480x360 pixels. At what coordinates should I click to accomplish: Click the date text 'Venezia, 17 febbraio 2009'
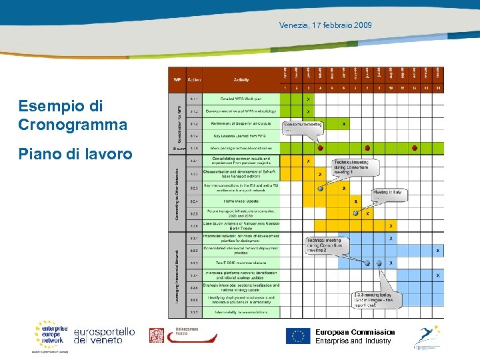[x=326, y=25]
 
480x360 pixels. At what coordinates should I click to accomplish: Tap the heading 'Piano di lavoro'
[x=75, y=154]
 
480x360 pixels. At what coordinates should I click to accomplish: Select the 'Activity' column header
[x=241, y=79]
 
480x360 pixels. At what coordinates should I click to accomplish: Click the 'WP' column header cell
[x=177, y=79]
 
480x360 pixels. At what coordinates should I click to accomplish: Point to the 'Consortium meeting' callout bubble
[x=303, y=125]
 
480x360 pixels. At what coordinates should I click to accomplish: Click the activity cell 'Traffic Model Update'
[x=241, y=201]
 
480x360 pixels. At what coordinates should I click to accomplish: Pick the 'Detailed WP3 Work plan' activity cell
[x=241, y=99]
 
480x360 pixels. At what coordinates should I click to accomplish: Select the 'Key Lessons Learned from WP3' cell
[x=241, y=135]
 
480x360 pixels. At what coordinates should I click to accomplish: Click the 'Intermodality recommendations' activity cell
[x=241, y=312]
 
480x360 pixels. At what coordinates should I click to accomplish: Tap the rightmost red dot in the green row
[x=415, y=148]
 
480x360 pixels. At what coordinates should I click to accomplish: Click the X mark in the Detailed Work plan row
[x=307, y=99]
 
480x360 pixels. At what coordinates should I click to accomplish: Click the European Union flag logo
[x=298, y=336]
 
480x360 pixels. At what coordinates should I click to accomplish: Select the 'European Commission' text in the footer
[x=355, y=332]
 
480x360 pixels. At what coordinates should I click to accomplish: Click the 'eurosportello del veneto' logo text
[x=104, y=336]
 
